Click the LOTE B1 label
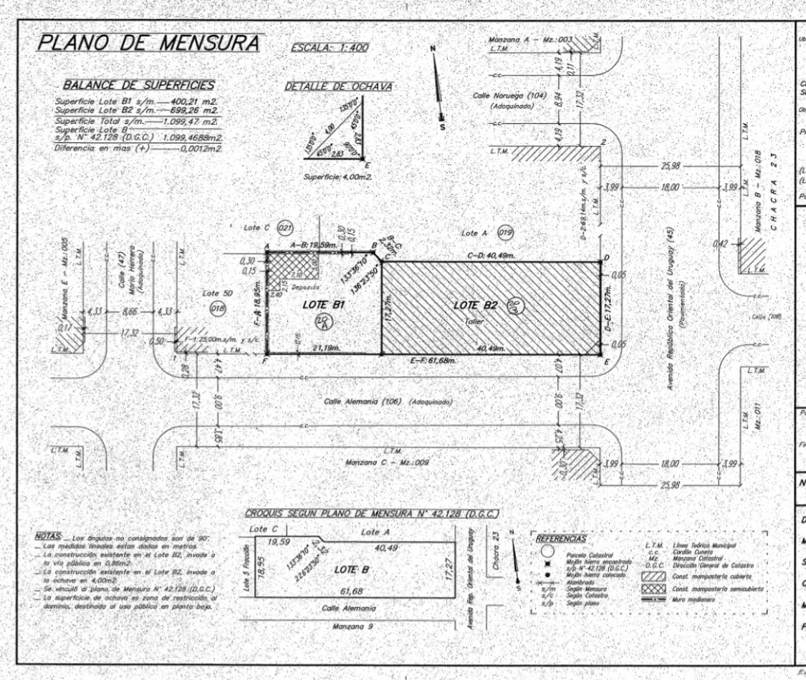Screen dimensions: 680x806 (x=322, y=304)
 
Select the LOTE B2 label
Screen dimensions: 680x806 (x=478, y=305)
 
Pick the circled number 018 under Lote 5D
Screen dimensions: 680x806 (x=218, y=307)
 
